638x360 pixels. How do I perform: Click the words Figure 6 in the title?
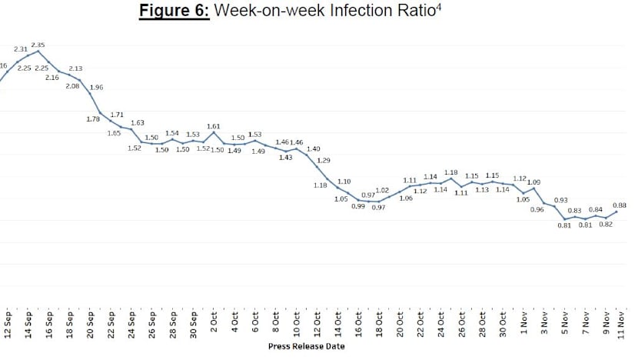tap(174, 13)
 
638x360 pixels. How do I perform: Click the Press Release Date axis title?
tap(306, 346)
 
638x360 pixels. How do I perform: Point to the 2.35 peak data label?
tap(38, 45)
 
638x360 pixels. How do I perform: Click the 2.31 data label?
tap(21, 49)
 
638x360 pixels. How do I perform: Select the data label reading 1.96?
tap(96, 88)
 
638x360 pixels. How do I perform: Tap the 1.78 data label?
tap(93, 118)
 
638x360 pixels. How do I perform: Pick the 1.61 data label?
tap(214, 125)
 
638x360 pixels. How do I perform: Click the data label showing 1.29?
tap(324, 160)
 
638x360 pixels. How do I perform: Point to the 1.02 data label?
tap(381, 190)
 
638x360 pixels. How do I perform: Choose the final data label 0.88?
tap(620, 205)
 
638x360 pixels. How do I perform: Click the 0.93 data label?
tap(561, 200)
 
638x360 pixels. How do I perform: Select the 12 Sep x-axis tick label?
tap(8, 325)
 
